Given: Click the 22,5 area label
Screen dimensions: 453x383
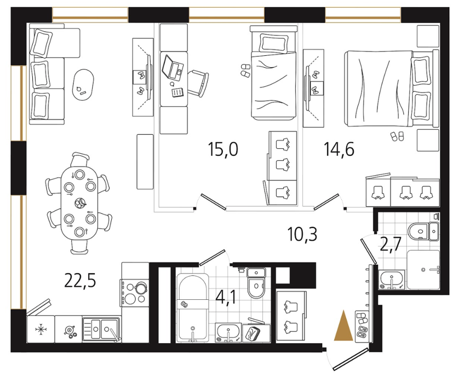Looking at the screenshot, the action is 80,281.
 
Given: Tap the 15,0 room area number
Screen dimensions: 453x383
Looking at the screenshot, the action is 223,149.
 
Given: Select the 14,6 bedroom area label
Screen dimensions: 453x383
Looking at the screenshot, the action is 339,149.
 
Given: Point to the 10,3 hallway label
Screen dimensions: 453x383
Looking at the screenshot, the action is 302,234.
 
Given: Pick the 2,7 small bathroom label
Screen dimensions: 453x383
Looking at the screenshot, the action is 391,245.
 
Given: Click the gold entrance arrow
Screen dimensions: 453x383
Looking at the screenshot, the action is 343,325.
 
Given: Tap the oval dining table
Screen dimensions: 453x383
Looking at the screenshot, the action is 79,202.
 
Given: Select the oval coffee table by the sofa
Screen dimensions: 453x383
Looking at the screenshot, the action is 83,85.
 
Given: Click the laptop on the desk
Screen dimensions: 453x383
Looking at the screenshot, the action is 173,68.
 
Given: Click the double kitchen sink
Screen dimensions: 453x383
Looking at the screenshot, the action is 101,329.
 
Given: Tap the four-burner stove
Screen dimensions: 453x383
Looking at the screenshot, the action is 134,293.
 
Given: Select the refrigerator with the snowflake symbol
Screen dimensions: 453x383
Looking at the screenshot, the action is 41,329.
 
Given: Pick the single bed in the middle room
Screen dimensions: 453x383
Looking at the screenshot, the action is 273,72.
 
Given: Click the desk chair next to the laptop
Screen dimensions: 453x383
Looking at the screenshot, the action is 198,83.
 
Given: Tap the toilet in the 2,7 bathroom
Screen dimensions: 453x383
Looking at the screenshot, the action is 419,231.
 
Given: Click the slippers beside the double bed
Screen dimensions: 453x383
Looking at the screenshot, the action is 397,136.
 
